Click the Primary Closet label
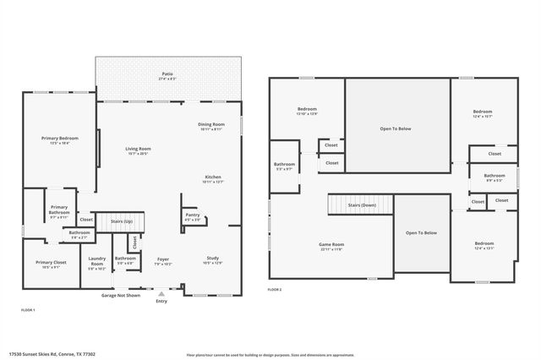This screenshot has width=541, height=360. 51,265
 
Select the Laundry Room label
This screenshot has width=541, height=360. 96,263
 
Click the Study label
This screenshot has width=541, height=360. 213,260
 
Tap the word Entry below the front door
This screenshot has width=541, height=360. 161,301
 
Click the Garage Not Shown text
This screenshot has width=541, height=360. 121,296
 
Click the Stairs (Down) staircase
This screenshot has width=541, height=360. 361,205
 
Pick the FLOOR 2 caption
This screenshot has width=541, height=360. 275,289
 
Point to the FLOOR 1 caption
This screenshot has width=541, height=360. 28,310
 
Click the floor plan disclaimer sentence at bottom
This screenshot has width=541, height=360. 270,355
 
